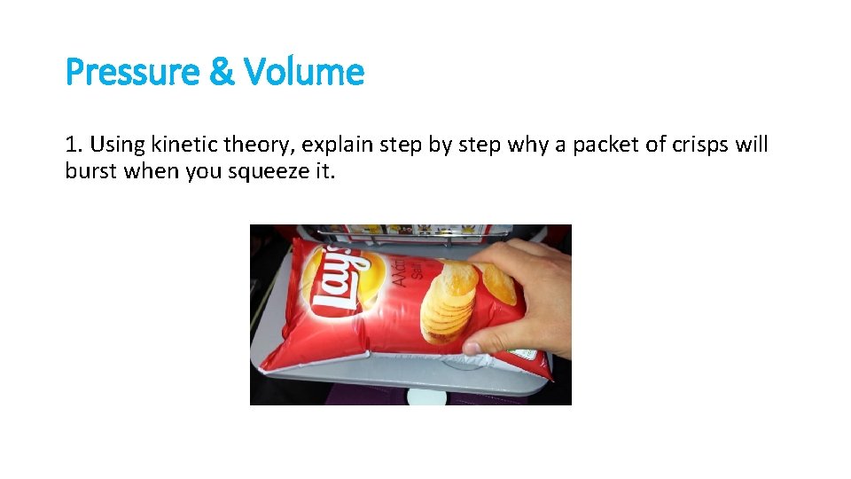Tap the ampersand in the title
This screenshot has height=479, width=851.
(x=222, y=72)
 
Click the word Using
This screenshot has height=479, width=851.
(x=113, y=145)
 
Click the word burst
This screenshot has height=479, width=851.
(x=91, y=170)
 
